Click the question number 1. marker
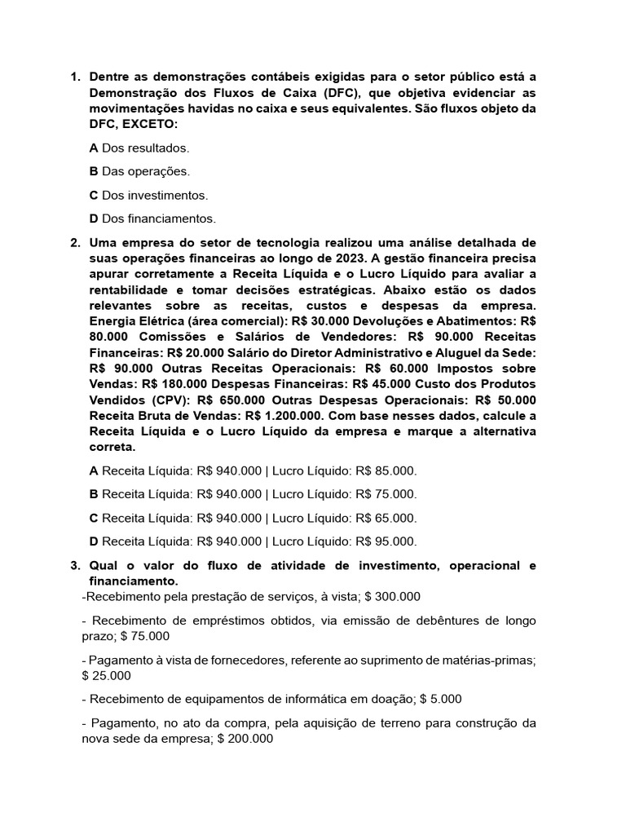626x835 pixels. pos(74,77)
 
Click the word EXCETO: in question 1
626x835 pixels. pos(146,124)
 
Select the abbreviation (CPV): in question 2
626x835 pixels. pos(170,400)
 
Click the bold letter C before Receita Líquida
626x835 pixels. pos(94,518)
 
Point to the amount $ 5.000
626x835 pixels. pos(441,700)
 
